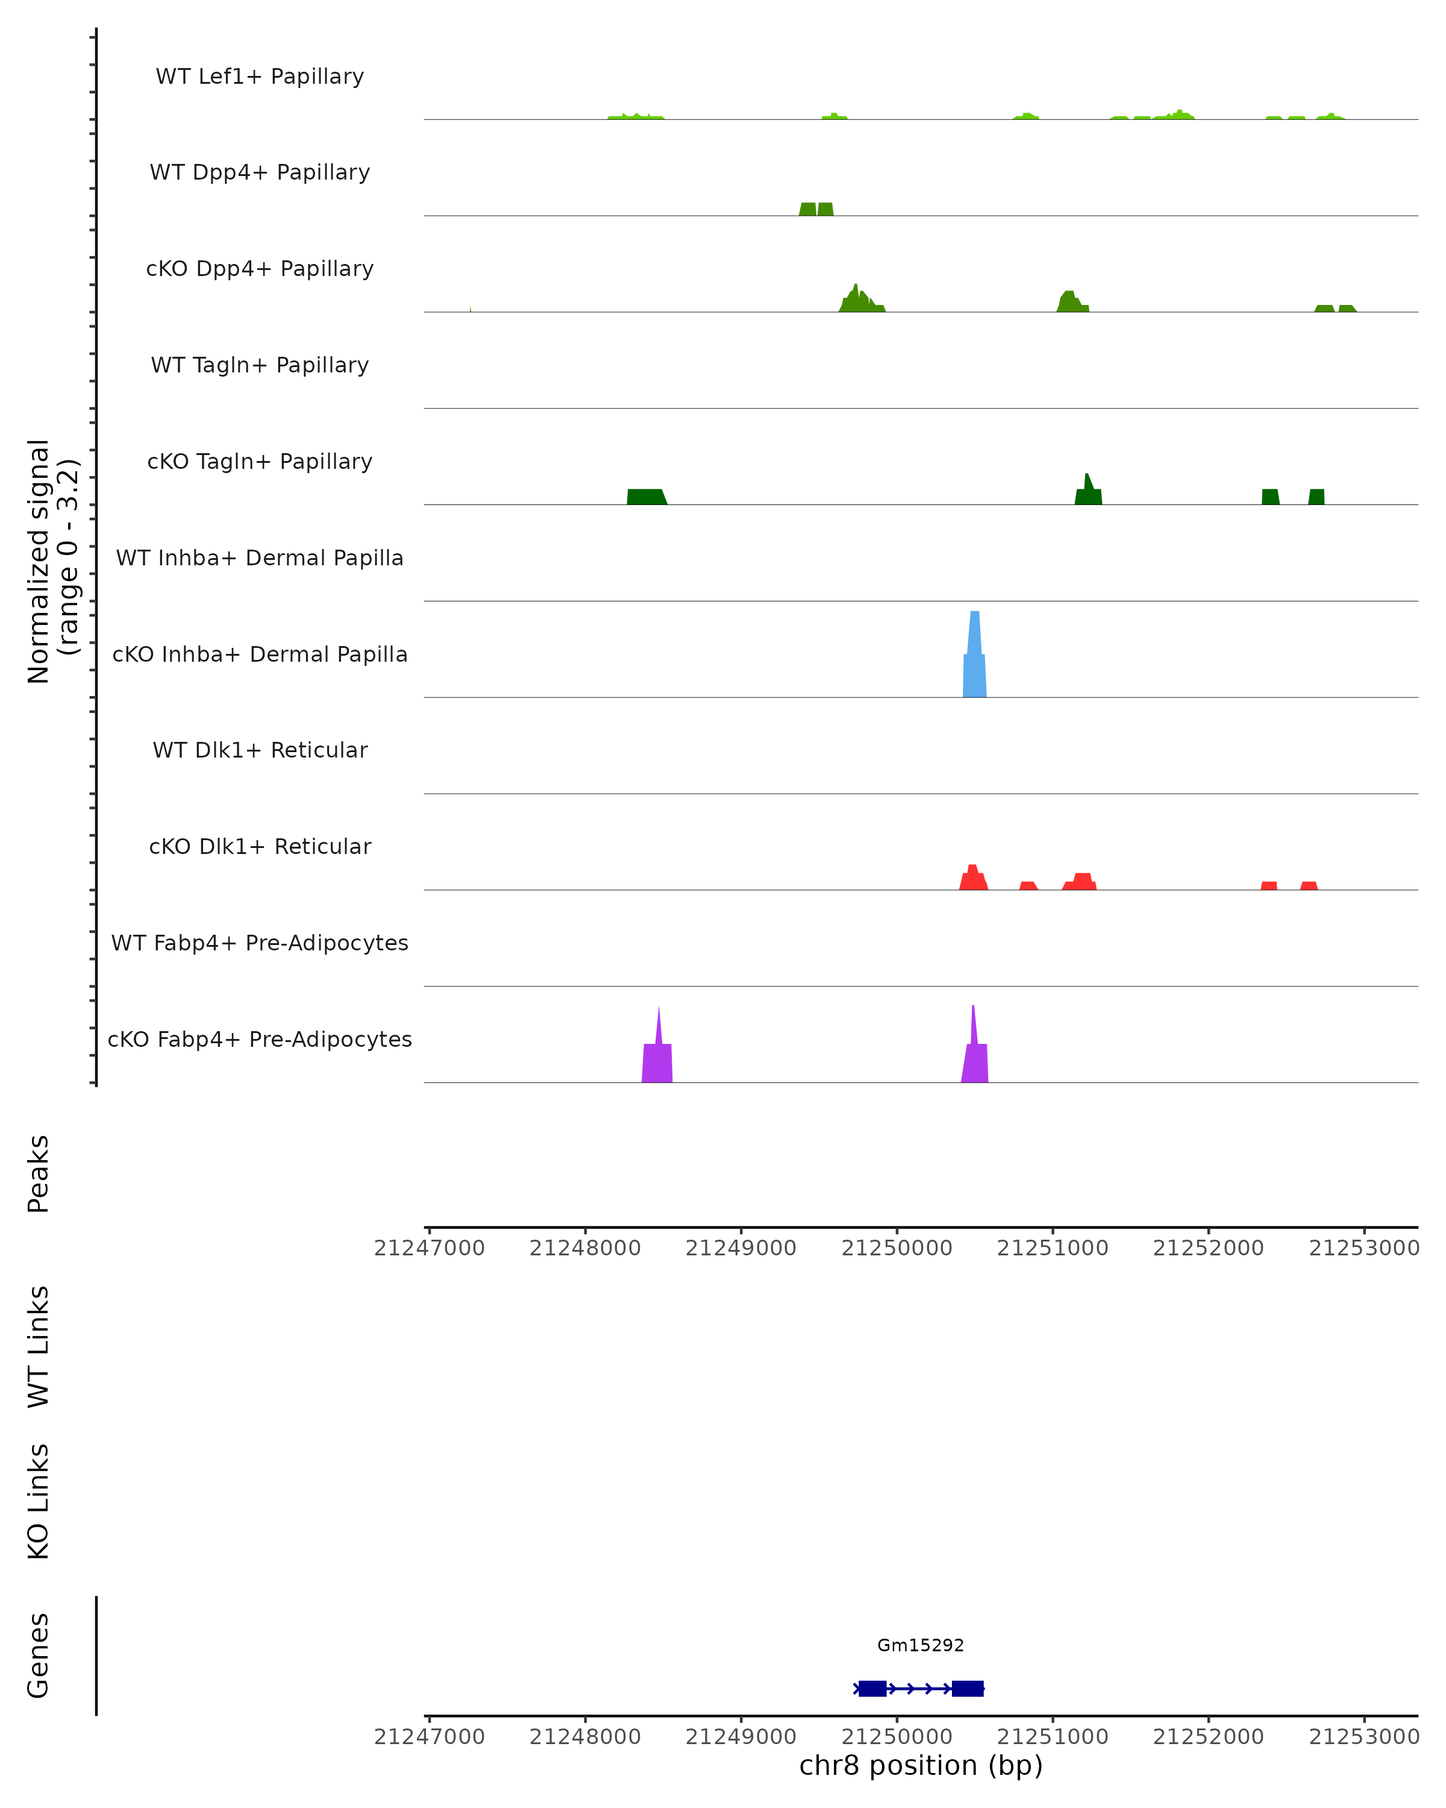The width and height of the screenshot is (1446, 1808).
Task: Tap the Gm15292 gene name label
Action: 921,1645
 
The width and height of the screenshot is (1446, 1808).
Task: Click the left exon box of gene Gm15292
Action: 872,1688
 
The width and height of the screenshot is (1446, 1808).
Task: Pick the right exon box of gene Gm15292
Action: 968,1688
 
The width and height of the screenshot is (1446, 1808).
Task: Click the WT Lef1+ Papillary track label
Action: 260,77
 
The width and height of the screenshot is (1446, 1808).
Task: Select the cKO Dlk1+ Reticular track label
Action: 260,846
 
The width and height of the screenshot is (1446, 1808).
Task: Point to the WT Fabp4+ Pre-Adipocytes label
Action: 260,943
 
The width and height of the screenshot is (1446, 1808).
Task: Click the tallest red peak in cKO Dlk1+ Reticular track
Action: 973,878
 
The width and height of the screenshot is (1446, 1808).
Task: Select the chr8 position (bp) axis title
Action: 921,1765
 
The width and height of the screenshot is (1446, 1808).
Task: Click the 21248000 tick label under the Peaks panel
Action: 585,1248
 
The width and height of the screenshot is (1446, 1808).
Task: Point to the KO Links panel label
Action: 39,1501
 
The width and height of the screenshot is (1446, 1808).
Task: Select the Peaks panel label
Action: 39,1173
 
